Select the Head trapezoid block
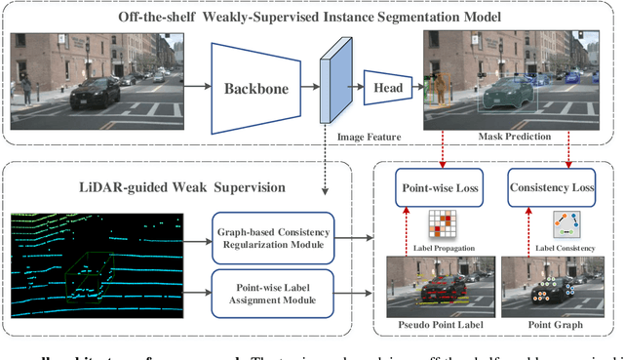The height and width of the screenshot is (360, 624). tap(387, 87)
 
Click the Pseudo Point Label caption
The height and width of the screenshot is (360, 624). tap(432, 321)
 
